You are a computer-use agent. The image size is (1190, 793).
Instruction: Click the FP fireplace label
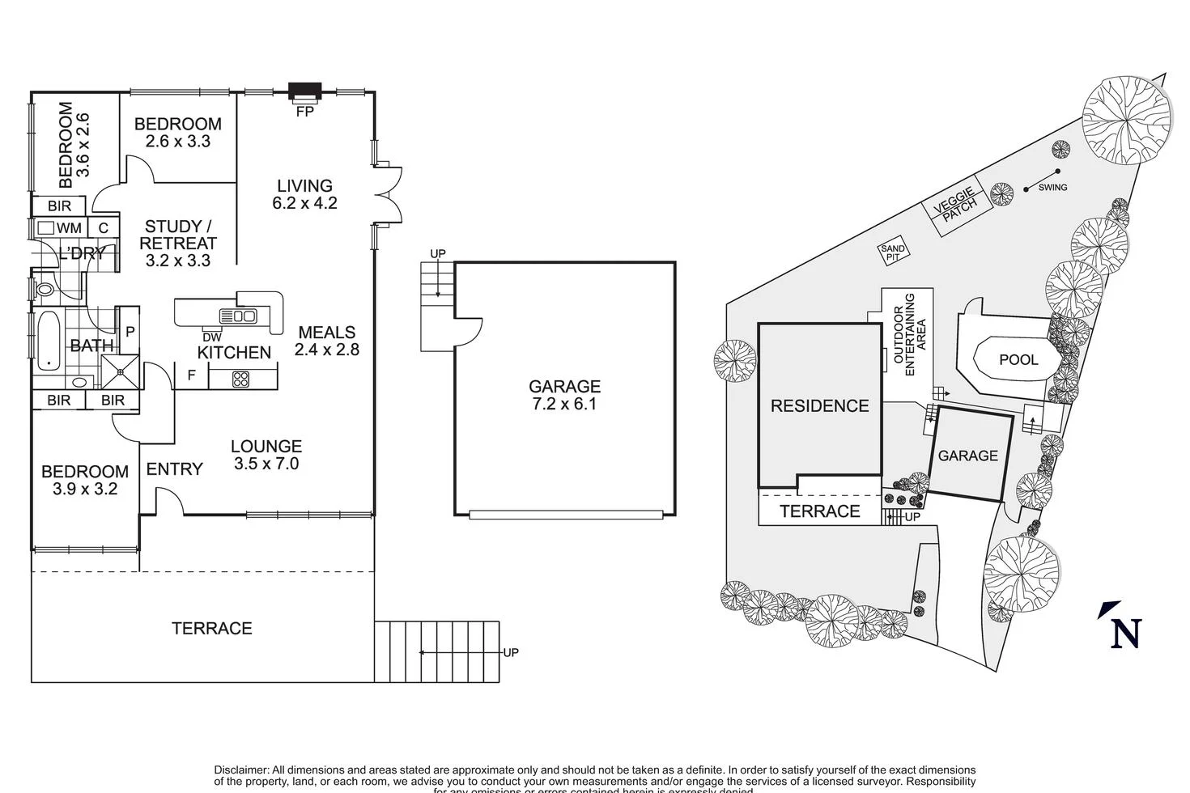[x=304, y=112]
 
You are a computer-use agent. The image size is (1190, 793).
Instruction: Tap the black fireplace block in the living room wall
[x=305, y=91]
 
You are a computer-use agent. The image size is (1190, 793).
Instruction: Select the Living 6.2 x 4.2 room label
[x=304, y=194]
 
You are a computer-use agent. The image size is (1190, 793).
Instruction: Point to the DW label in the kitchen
[x=212, y=337]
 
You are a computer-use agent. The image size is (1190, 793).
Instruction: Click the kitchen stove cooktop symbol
[x=242, y=377]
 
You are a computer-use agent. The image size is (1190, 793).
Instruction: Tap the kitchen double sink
[x=238, y=316]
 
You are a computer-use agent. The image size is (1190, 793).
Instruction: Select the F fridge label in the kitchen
[x=191, y=375]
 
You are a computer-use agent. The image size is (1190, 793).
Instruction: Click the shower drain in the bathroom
[x=120, y=371]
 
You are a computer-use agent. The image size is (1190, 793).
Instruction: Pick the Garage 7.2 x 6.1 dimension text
[x=564, y=404]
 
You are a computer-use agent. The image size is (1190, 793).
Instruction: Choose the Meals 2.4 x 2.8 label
[x=326, y=341]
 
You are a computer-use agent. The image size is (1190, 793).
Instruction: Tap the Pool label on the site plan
[x=1018, y=359]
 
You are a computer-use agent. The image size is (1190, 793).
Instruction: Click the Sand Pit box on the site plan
[x=893, y=253]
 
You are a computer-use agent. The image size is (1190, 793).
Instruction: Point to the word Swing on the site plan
[x=1052, y=188]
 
